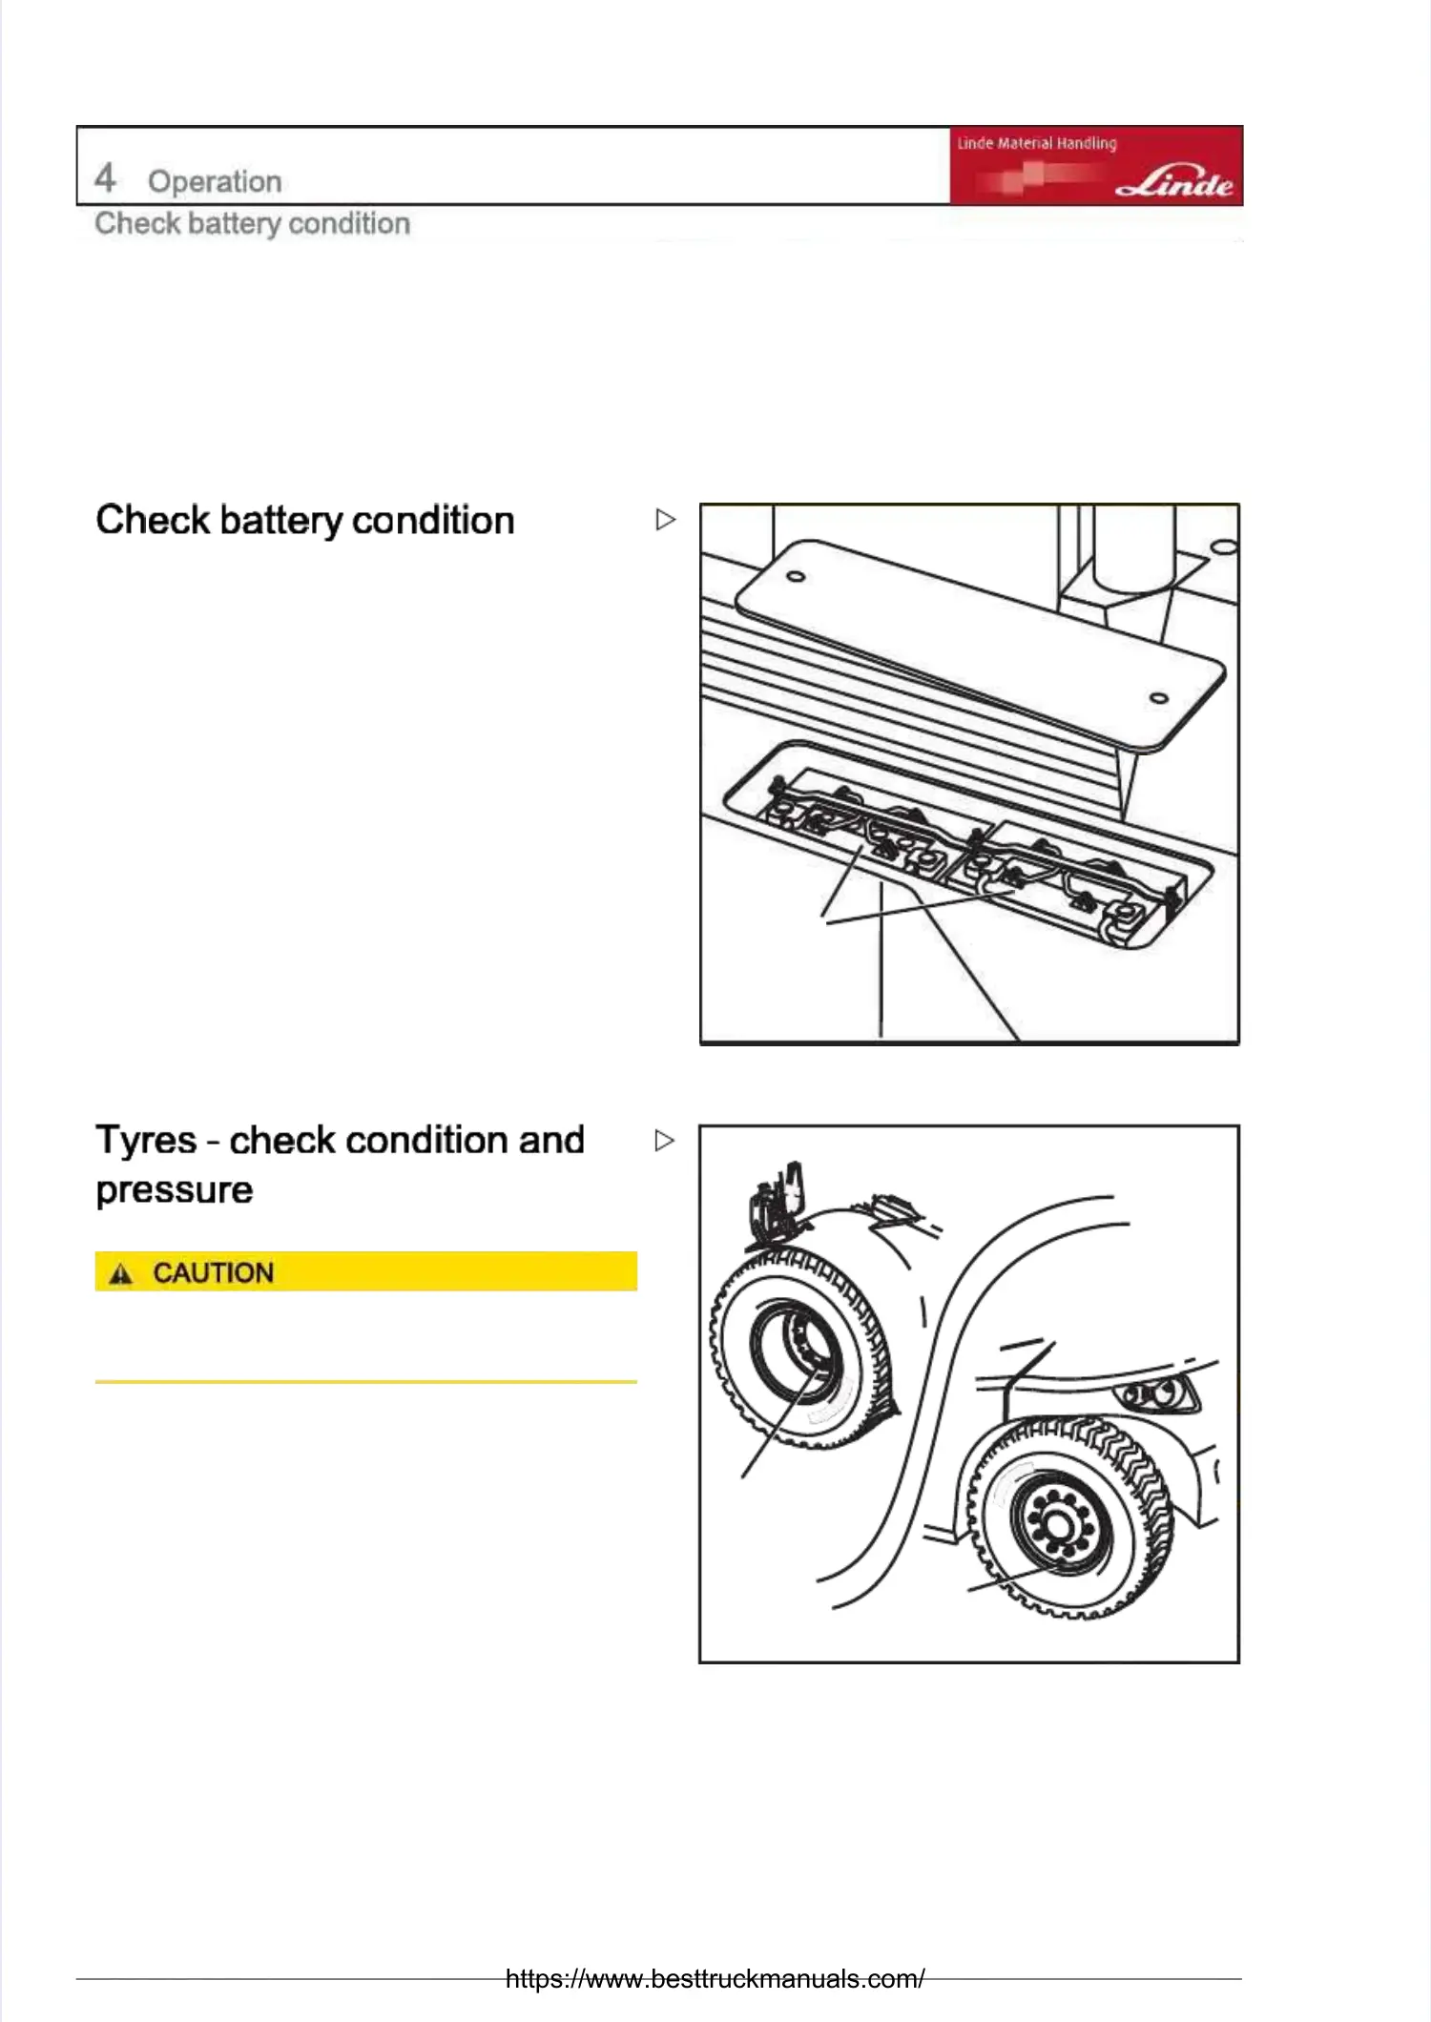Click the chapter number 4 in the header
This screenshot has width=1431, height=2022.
[105, 178]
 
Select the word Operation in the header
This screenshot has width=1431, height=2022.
[215, 181]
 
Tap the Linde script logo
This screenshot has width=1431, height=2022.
[1174, 182]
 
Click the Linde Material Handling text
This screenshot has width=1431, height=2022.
[1037, 143]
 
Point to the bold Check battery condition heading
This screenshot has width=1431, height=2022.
[305, 521]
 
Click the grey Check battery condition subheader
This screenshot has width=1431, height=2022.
[253, 223]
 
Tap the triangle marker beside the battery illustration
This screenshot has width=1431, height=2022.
[666, 520]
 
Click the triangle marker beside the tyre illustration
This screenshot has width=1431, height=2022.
[665, 1141]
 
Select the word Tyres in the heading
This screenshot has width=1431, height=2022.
[146, 1141]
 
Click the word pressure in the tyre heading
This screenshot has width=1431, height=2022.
[175, 1190]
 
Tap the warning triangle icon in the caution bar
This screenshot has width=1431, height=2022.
[120, 1273]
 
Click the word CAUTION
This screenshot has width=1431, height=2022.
[214, 1273]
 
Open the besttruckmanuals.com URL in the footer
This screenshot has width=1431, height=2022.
[715, 1978]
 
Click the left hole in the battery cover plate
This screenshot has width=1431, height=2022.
[796, 576]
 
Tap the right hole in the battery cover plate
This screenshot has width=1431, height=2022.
[1159, 698]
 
